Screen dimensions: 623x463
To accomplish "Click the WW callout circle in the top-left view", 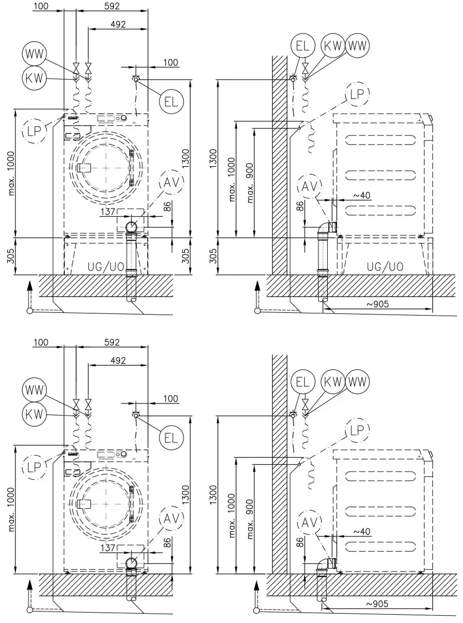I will [x=34, y=54].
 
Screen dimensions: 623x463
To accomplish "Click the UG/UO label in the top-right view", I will [x=386, y=267].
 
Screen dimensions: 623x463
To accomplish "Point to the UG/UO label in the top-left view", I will [x=105, y=267].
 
